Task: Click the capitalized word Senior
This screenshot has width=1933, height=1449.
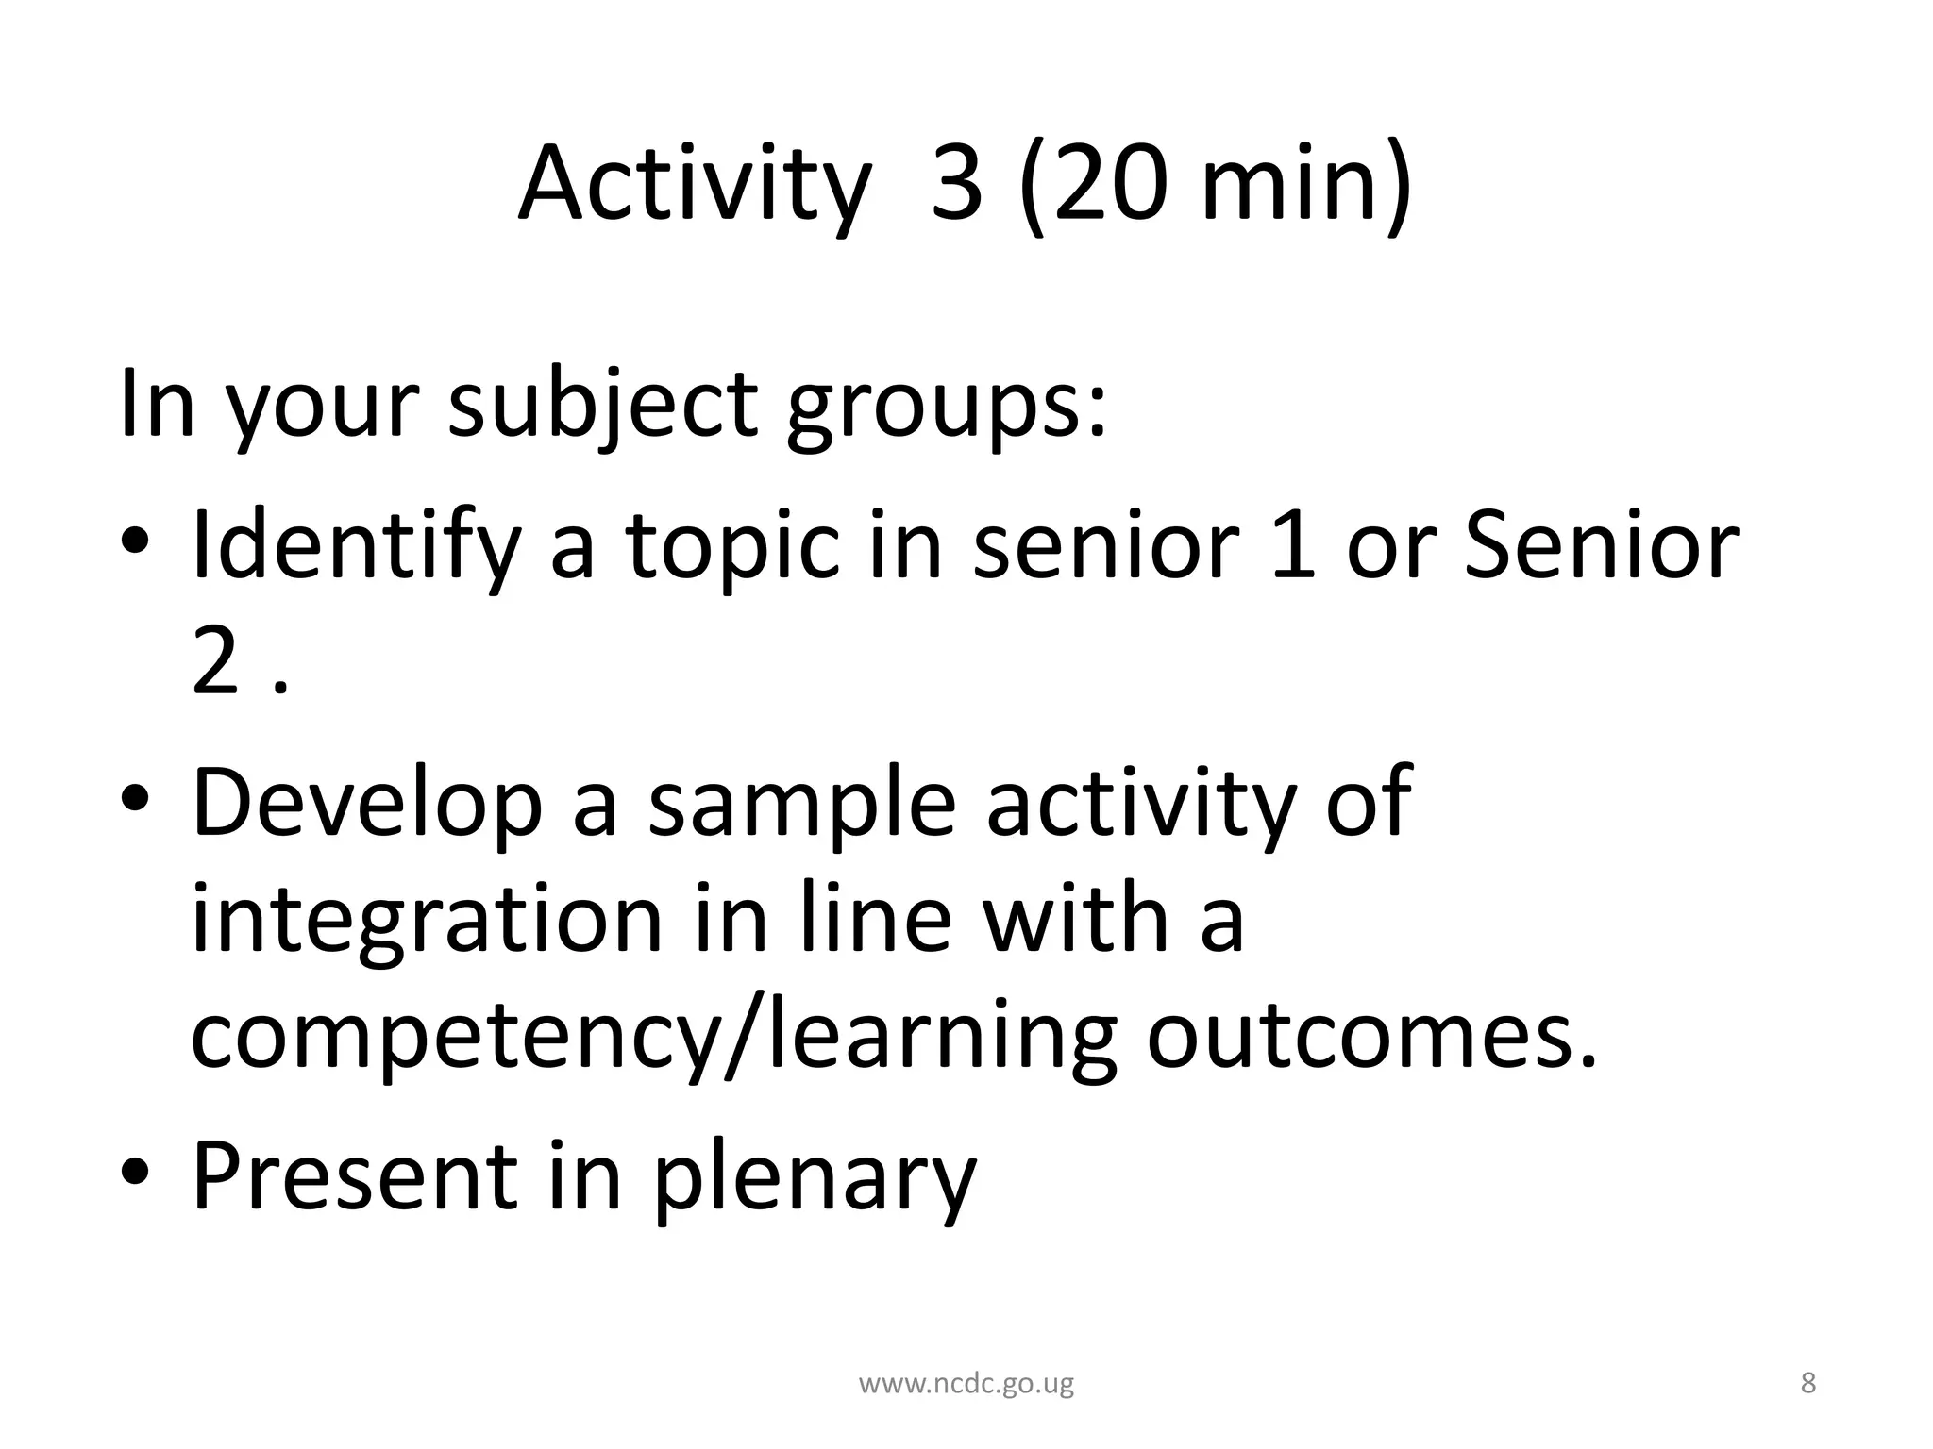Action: (1601, 544)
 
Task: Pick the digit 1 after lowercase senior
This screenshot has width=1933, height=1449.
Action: (1293, 544)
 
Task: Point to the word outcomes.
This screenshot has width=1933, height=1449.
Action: (1373, 1036)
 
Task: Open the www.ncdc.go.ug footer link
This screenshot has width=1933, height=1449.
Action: (966, 1384)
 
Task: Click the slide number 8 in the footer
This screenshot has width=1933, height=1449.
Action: (1807, 1383)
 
